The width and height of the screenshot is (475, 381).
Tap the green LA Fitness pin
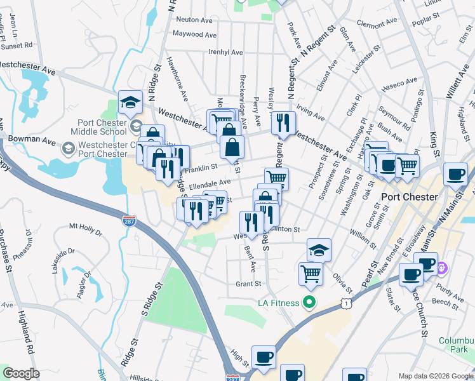click(x=309, y=302)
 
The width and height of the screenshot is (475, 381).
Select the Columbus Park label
click(x=456, y=346)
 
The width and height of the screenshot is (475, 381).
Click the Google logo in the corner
click(x=21, y=373)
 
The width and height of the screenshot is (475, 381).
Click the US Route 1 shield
click(x=345, y=305)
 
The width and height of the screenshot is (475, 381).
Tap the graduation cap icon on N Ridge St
click(x=130, y=102)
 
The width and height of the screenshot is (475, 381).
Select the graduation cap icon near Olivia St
click(x=319, y=250)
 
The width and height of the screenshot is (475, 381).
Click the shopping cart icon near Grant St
click(x=311, y=274)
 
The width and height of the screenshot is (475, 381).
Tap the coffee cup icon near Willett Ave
click(x=455, y=173)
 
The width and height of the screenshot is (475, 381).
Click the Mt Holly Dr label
click(x=86, y=226)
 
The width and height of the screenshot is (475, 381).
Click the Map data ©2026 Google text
click(x=435, y=375)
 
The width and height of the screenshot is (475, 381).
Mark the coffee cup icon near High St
click(x=264, y=356)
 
